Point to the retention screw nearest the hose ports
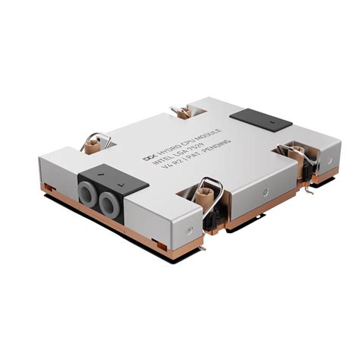tap(97, 144)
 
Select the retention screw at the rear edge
tap(182, 114)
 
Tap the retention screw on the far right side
tap(292, 151)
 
